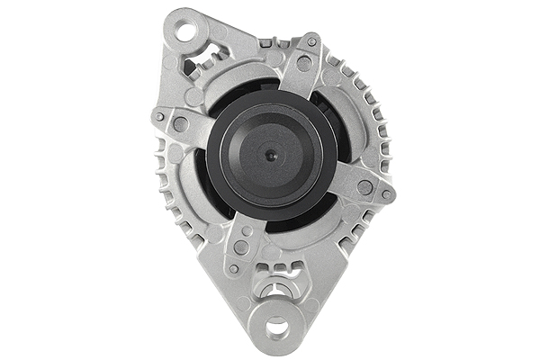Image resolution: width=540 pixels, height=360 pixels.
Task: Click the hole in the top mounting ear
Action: coord(186,33)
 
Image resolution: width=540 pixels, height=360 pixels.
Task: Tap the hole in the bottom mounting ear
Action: coord(277,327)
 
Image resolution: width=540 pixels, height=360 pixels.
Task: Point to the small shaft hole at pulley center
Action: coord(271,155)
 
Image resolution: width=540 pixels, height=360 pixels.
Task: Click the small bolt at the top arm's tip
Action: coord(312,41)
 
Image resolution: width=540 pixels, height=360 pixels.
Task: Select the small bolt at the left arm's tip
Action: coord(159,116)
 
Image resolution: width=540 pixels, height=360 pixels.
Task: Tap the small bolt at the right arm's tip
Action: coord(386,194)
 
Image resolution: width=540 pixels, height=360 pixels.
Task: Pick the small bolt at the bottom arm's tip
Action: coord(233,268)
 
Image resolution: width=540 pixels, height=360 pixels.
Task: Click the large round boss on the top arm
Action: coord(304,64)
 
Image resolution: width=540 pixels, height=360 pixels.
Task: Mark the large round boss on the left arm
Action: coord(181,125)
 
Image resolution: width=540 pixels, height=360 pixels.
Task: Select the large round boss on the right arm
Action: coord(364,187)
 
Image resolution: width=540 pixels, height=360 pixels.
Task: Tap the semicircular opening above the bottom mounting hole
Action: coord(276,290)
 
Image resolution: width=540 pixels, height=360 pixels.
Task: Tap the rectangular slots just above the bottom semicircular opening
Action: coord(276,269)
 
